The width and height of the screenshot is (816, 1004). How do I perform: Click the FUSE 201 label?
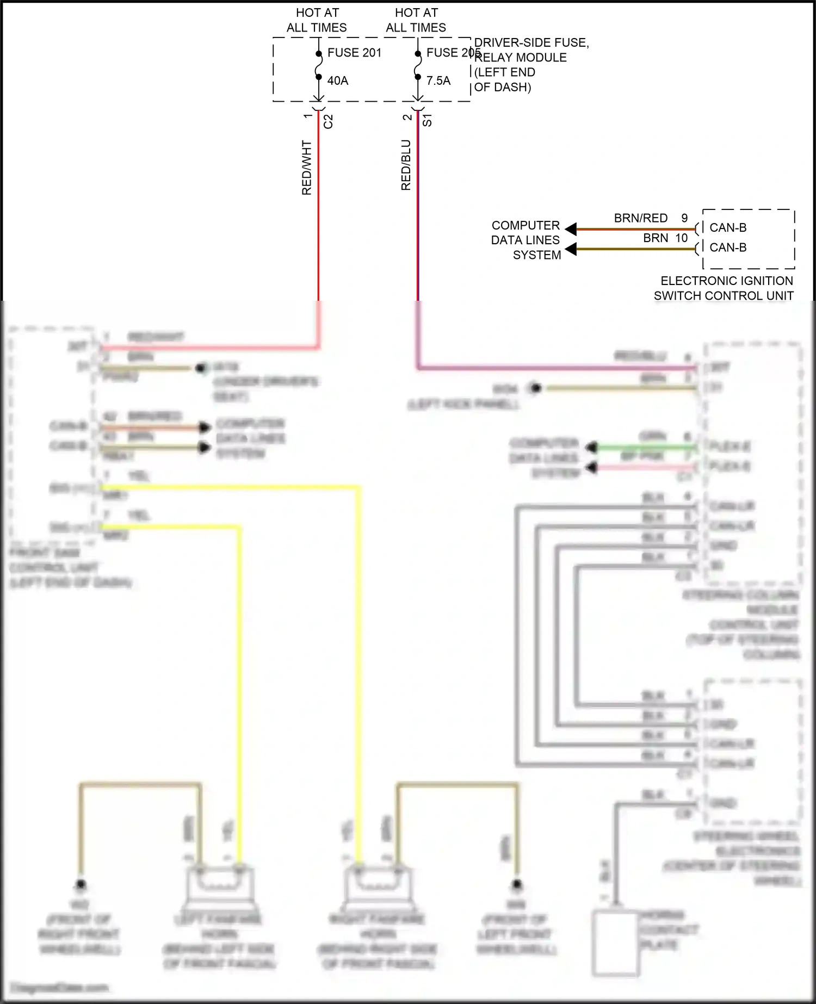[x=354, y=53]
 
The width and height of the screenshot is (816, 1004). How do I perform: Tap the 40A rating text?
[x=337, y=80]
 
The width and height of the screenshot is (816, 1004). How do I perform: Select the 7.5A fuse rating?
[x=438, y=80]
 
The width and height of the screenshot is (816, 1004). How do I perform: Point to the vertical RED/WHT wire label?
[x=307, y=168]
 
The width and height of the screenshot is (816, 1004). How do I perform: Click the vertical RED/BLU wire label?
[x=406, y=165]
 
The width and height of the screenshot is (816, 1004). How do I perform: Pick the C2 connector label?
[x=328, y=121]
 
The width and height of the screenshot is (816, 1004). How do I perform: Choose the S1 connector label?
[x=428, y=120]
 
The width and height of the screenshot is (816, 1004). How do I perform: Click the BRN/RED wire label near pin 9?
[x=640, y=218]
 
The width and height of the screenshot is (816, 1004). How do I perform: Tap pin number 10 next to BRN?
[x=681, y=238]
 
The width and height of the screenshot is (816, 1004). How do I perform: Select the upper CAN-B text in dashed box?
[x=727, y=228]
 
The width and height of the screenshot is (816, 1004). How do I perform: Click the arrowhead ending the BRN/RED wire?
[x=571, y=229]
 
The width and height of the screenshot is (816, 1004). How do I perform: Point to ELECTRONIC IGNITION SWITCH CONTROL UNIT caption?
[x=724, y=288]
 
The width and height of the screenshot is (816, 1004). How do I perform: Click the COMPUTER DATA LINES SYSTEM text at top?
[x=526, y=240]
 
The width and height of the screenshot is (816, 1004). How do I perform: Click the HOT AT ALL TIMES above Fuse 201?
[x=317, y=20]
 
